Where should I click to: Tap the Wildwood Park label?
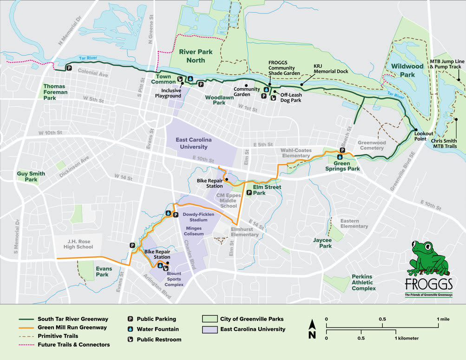(407, 70)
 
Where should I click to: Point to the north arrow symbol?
(312, 330)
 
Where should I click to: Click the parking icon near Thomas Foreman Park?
(69, 68)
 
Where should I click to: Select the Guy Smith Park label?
(31, 177)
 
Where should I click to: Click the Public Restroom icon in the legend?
(131, 340)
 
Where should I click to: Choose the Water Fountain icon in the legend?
(131, 329)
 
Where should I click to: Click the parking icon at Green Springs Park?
(342, 150)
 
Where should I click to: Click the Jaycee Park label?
(322, 243)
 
